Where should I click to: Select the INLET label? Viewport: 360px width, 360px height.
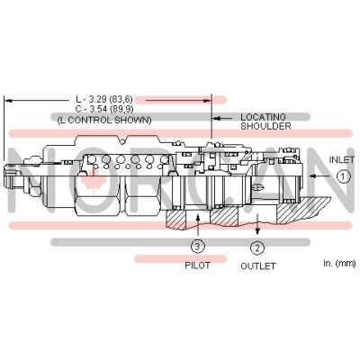point(342,159)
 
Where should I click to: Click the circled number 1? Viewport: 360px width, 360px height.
point(344,177)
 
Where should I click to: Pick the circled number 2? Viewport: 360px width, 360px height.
point(257,247)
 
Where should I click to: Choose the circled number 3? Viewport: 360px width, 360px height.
point(198,247)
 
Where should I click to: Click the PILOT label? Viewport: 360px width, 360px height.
point(197,266)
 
